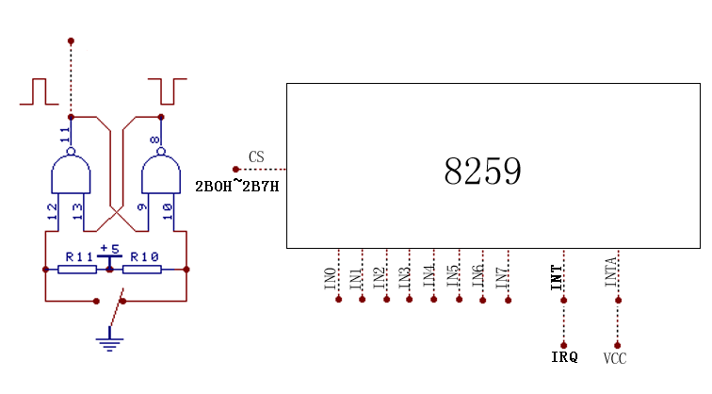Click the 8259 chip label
[x=482, y=172]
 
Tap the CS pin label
[x=256, y=156]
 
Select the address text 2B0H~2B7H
[x=236, y=186]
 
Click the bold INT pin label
[x=557, y=277]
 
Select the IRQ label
[x=564, y=357]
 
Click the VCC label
[x=615, y=358]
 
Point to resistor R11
[x=77, y=269]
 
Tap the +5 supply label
[x=110, y=250]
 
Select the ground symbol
[x=110, y=340]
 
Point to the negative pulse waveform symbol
[x=167, y=91]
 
